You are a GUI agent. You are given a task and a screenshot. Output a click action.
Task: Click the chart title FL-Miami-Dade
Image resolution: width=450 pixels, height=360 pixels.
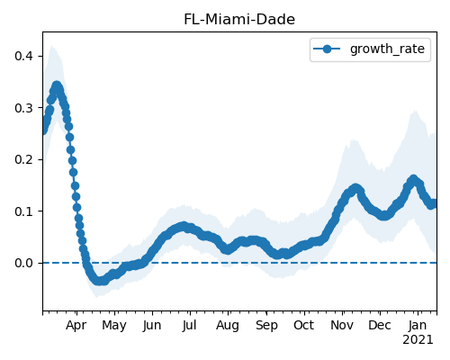click(239, 20)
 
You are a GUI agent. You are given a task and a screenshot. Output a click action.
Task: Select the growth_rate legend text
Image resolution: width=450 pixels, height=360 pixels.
click(387, 49)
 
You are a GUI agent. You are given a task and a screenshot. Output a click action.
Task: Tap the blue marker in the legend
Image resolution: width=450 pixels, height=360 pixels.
click(327, 49)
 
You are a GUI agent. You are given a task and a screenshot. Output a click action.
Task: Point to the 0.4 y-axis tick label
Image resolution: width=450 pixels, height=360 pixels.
click(23, 56)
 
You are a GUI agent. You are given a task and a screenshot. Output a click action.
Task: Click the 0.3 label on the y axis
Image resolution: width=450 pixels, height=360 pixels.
click(23, 108)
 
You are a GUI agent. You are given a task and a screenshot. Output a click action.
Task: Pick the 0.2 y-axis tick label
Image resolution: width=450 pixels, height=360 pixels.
click(23, 159)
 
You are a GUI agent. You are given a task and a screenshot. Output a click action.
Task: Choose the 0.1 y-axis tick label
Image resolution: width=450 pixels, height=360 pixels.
click(23, 211)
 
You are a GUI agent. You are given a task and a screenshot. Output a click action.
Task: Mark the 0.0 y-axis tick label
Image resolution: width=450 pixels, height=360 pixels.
click(23, 263)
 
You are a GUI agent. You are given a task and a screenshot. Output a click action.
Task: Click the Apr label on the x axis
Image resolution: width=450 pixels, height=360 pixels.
click(76, 326)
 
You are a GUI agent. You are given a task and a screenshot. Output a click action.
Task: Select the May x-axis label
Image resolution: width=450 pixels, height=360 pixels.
click(114, 326)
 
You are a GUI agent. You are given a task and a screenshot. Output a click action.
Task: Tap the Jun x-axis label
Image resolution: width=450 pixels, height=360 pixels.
click(152, 326)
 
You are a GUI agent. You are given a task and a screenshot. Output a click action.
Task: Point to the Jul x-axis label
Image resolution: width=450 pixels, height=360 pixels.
click(189, 326)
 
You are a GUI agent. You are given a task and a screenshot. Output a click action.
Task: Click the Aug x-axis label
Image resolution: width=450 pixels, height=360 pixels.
click(228, 326)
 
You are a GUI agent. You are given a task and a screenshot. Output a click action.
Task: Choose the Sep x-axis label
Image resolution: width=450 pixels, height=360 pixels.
click(266, 326)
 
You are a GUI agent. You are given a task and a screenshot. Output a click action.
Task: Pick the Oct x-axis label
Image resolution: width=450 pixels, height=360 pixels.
click(304, 326)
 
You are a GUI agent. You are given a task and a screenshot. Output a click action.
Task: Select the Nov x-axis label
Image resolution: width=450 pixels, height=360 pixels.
click(342, 326)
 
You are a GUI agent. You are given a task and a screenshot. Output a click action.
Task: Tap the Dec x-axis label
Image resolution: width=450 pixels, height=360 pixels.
click(380, 326)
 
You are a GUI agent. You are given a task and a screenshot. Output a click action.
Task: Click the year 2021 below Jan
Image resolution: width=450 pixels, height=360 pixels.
click(418, 340)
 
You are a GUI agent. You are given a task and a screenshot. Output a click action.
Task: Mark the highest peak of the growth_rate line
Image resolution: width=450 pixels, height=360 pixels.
click(57, 86)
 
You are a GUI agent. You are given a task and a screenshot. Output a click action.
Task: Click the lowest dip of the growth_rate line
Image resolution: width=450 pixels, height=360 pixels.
click(100, 281)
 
